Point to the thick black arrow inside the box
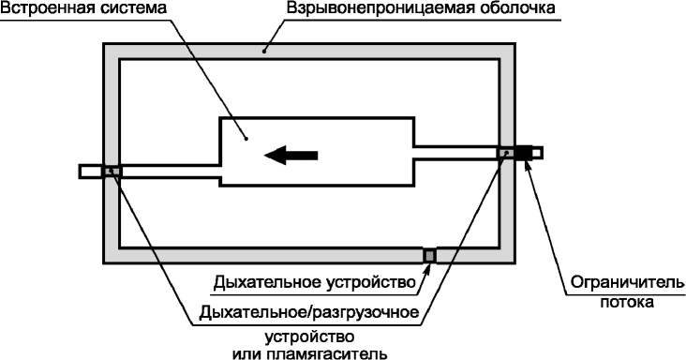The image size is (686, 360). click(291, 155)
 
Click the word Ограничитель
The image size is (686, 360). click(628, 283)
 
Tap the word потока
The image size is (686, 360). click(627, 302)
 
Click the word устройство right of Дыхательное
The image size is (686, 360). click(371, 283)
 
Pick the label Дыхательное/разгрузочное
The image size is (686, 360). click(309, 313)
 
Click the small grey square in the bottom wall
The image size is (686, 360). click(429, 255)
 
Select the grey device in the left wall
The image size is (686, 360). click(112, 171)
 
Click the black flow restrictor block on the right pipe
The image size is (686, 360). click(523, 153)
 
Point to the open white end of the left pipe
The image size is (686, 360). click(91, 171)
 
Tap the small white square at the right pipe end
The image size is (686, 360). click(537, 153)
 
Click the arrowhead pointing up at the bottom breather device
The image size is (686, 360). click(428, 268)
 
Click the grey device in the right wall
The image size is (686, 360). click(506, 153)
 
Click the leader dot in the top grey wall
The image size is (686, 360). click(264, 52)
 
